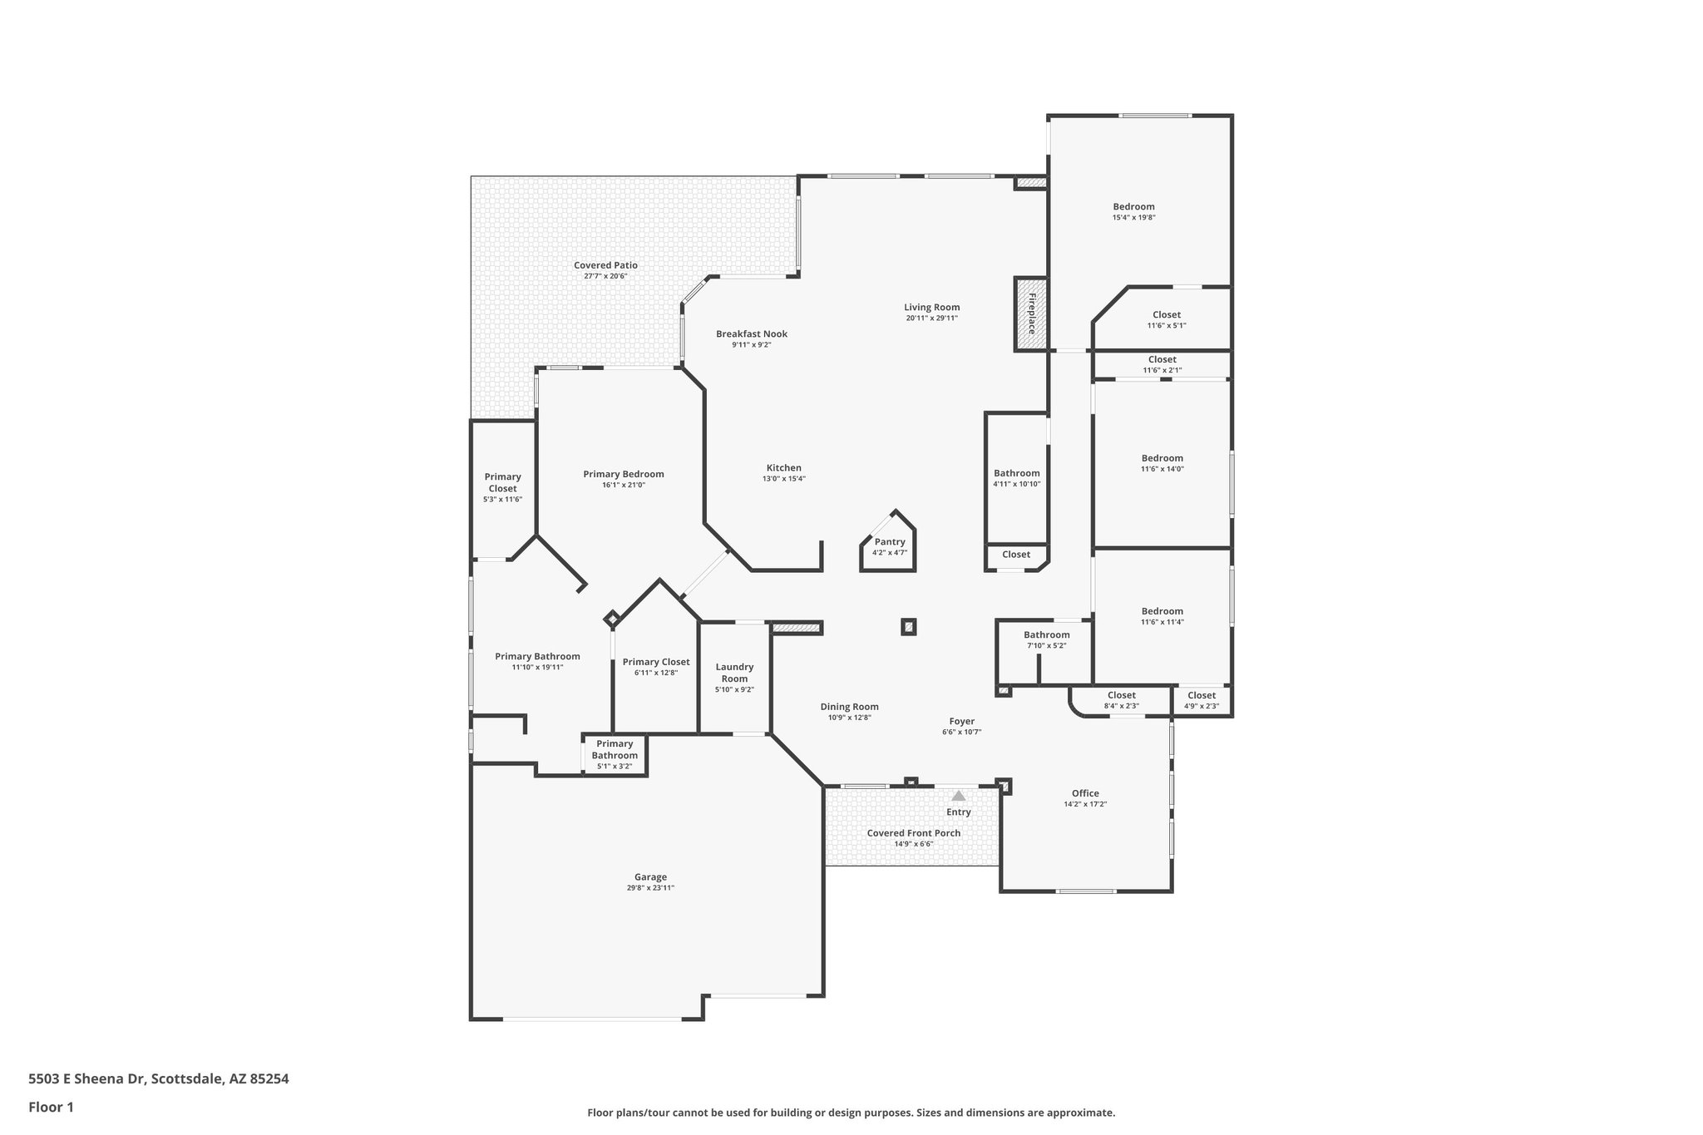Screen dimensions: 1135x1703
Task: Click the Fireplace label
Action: click(1031, 313)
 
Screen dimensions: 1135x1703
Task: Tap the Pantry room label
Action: click(889, 541)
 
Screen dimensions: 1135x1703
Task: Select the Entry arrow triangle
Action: click(958, 796)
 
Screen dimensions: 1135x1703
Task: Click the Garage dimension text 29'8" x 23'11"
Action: click(650, 888)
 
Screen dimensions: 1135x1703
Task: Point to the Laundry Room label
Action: click(734, 672)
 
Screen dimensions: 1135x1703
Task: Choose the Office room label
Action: click(1084, 793)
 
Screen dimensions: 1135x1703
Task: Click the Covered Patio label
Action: click(605, 265)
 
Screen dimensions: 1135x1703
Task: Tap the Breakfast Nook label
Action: click(751, 334)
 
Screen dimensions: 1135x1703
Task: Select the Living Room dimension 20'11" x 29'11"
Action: click(931, 318)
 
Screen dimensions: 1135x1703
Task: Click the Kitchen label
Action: click(783, 468)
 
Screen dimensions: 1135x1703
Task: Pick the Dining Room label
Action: click(849, 707)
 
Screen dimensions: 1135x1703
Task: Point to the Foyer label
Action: click(961, 722)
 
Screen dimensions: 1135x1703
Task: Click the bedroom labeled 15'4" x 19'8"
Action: click(1133, 207)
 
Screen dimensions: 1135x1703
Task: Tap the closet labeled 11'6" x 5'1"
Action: click(1166, 315)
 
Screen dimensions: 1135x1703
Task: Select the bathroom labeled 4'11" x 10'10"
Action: click(1016, 473)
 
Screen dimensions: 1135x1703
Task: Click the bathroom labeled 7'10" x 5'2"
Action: click(1046, 635)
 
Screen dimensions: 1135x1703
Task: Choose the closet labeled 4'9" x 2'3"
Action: click(1201, 696)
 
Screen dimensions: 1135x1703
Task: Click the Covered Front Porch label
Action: click(913, 833)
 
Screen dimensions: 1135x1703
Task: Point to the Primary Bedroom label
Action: click(623, 474)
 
